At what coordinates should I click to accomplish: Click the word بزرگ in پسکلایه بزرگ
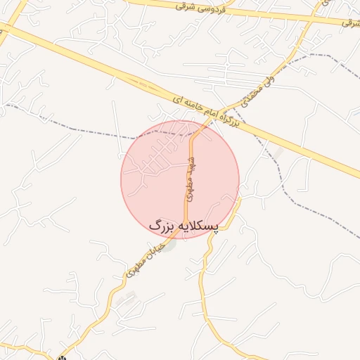coord(161,226)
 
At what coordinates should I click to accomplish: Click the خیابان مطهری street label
coord(145,259)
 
